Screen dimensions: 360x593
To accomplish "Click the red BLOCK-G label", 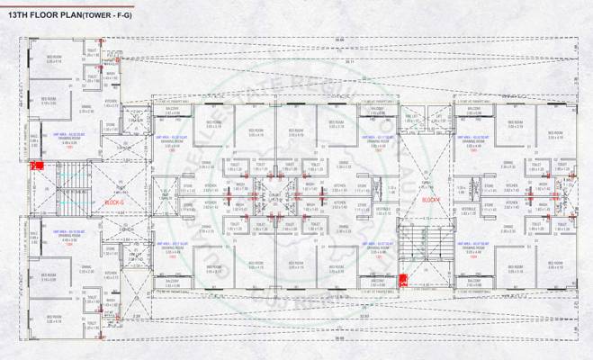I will (x=115, y=202).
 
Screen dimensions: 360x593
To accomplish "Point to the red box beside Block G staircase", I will (x=37, y=166).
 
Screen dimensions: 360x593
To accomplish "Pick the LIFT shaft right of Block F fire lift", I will (x=439, y=118).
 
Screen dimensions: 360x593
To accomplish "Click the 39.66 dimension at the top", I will (x=339, y=40).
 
